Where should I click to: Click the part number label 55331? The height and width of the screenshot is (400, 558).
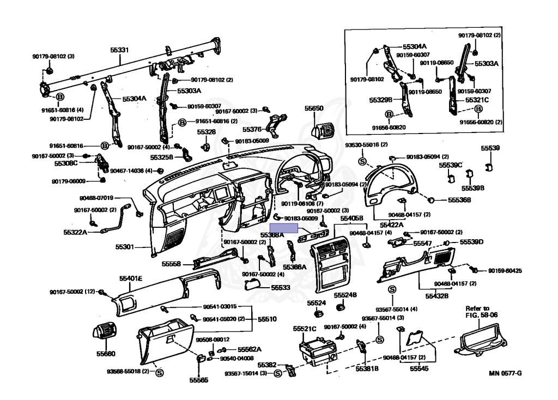[x=119, y=50]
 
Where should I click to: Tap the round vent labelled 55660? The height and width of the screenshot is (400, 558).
[x=104, y=334]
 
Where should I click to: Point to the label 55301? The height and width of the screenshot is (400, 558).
[x=124, y=247]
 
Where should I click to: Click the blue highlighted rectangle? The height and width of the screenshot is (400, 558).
[x=284, y=228]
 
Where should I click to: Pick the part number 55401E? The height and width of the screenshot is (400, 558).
[x=131, y=278]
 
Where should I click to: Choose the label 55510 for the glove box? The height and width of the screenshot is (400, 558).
[x=267, y=318]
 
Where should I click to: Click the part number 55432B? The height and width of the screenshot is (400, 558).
[x=437, y=296]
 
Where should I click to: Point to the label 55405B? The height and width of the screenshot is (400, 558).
[x=351, y=219]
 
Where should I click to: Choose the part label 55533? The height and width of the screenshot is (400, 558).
[x=280, y=287]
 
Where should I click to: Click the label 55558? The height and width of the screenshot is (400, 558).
[x=171, y=264]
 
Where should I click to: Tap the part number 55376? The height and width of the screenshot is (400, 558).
[x=252, y=130]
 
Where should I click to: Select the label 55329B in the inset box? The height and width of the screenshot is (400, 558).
[x=381, y=100]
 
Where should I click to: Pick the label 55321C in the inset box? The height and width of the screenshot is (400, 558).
[x=477, y=100]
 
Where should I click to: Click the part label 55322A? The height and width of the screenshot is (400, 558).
[x=75, y=232]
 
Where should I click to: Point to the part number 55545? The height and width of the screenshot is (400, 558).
[x=420, y=369]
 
